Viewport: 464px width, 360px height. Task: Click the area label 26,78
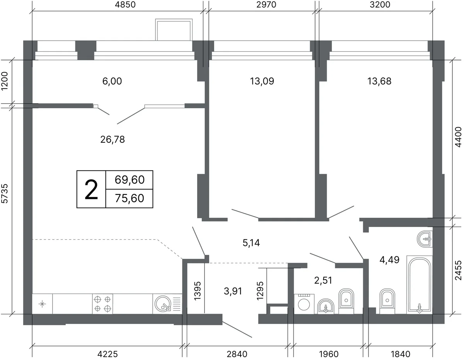(113, 140)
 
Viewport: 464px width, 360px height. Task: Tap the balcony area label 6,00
(112, 81)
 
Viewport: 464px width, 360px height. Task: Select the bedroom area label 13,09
(262, 81)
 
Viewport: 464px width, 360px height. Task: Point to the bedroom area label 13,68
(379, 81)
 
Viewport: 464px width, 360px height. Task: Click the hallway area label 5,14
(251, 243)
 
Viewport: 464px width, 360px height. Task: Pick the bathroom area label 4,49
(389, 260)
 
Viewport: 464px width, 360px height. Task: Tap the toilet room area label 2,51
(323, 280)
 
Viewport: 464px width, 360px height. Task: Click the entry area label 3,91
(233, 291)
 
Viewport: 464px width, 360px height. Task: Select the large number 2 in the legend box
(91, 189)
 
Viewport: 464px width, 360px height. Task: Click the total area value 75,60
(130, 198)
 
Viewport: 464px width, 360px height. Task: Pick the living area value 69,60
(130, 180)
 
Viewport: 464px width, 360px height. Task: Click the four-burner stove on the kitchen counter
(102, 304)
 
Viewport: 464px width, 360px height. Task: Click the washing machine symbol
(304, 304)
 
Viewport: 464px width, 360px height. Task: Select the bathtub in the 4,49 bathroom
(420, 285)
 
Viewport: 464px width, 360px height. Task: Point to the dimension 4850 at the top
(125, 5)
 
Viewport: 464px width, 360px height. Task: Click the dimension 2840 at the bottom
(237, 354)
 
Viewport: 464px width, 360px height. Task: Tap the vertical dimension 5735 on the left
(5, 193)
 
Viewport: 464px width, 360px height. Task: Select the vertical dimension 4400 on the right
(458, 137)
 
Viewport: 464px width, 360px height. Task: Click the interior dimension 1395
(198, 291)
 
